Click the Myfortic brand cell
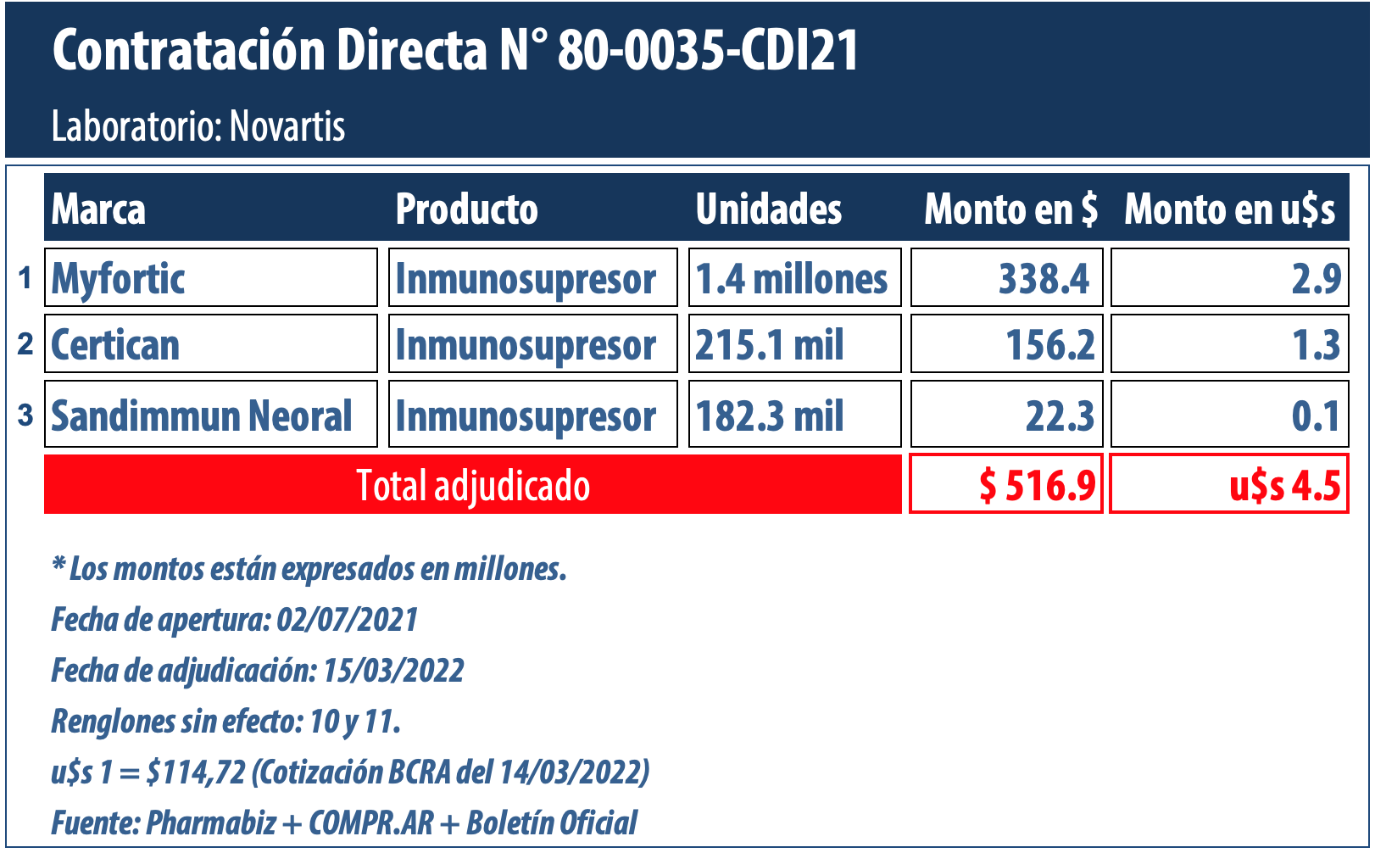(x=210, y=278)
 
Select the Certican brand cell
(x=210, y=344)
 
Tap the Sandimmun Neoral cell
(x=210, y=415)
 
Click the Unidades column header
(x=768, y=209)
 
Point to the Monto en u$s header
(x=1229, y=209)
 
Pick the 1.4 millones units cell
(x=793, y=278)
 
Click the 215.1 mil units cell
(x=793, y=344)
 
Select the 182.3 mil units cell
(x=793, y=415)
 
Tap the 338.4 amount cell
(x=1007, y=278)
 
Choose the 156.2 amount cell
(x=1007, y=344)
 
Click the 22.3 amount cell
(x=1007, y=415)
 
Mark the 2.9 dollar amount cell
(x=1229, y=278)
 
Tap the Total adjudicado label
(x=472, y=485)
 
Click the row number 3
(x=25, y=415)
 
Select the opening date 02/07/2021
(x=348, y=620)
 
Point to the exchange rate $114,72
(x=196, y=772)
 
